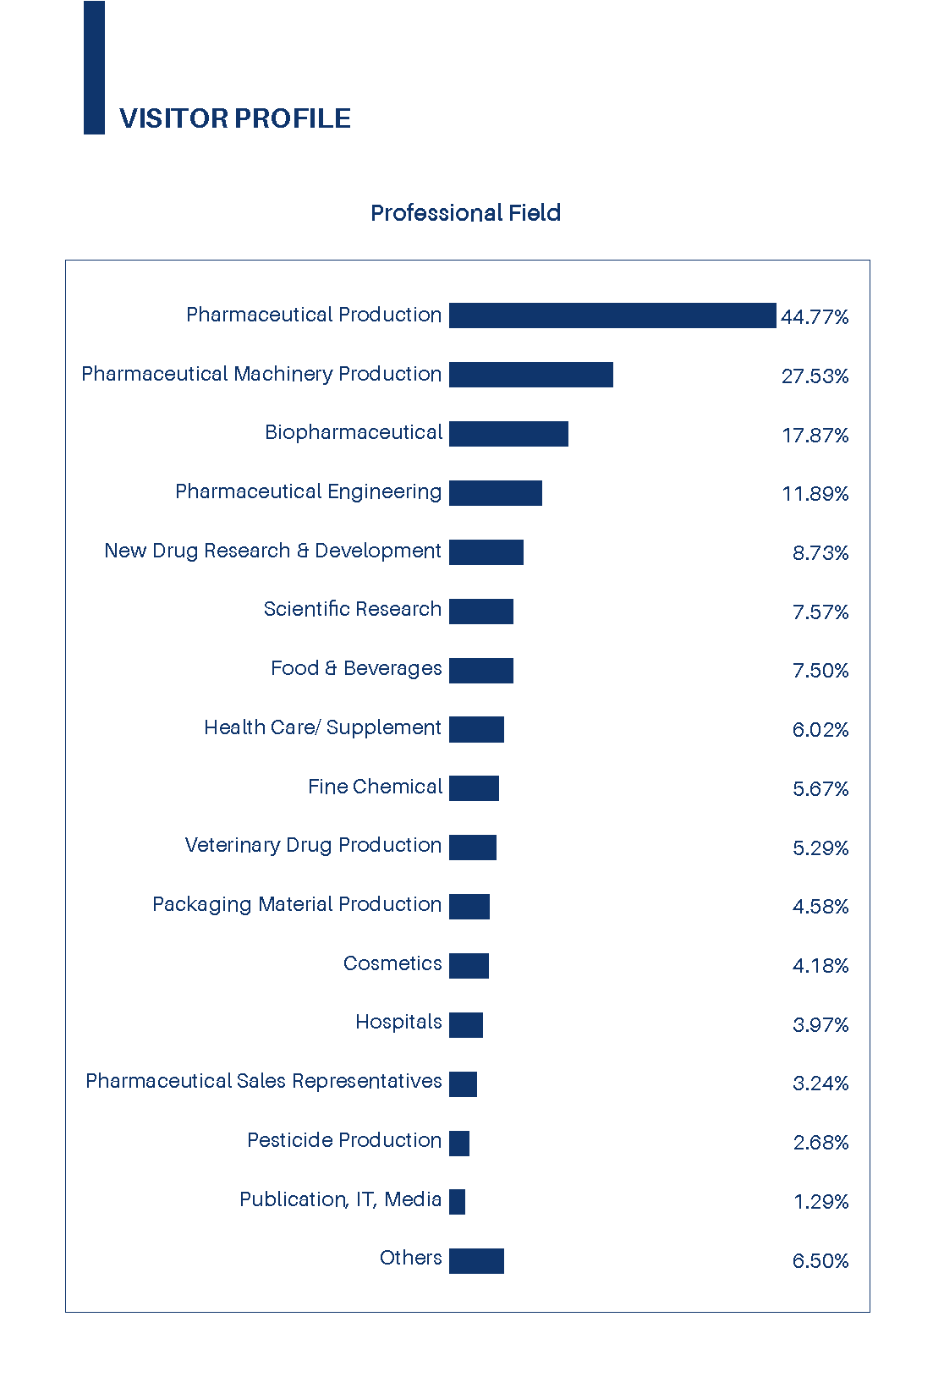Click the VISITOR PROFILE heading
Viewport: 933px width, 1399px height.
coord(234,118)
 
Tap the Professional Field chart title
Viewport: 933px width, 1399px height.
coord(465,212)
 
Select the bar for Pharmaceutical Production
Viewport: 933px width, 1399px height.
coord(612,315)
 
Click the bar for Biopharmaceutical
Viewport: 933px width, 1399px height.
coord(508,434)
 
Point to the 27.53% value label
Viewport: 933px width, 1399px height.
coord(815,376)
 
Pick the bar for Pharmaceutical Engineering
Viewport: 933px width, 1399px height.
coord(496,493)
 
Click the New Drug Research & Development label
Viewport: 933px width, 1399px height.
coord(272,551)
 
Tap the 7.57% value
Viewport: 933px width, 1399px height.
coord(820,612)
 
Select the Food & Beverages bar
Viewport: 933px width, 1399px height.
coord(481,670)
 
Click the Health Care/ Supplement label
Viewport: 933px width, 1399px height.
coord(322,727)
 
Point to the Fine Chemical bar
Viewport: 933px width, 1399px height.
coord(474,788)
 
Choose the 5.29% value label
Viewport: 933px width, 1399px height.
coord(820,848)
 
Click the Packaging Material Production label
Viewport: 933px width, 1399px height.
coord(297,904)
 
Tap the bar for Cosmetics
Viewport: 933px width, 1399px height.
coord(469,965)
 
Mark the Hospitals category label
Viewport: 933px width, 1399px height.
coord(398,1022)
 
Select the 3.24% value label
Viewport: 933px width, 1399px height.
coord(820,1084)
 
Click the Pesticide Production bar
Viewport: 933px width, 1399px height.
coord(459,1143)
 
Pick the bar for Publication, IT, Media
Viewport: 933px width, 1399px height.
coord(457,1202)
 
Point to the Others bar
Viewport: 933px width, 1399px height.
coord(476,1260)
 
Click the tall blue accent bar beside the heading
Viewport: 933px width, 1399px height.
coord(94,68)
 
